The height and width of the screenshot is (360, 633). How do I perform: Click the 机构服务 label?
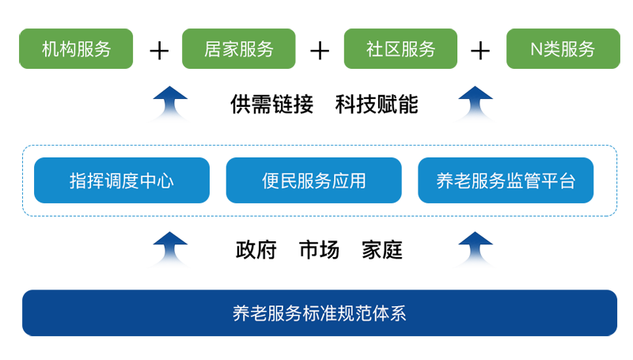point(76,49)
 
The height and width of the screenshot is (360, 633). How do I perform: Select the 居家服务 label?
point(238,49)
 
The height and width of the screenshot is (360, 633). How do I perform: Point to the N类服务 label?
point(562,49)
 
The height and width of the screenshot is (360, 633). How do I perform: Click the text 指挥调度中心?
point(121,181)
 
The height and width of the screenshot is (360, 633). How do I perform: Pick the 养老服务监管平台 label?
point(506,181)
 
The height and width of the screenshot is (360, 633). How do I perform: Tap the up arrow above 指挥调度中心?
point(168,100)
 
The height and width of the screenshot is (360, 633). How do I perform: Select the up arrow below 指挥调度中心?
point(168,249)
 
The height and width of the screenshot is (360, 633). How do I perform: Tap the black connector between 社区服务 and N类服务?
point(479,49)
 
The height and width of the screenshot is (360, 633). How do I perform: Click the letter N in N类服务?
point(535,49)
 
